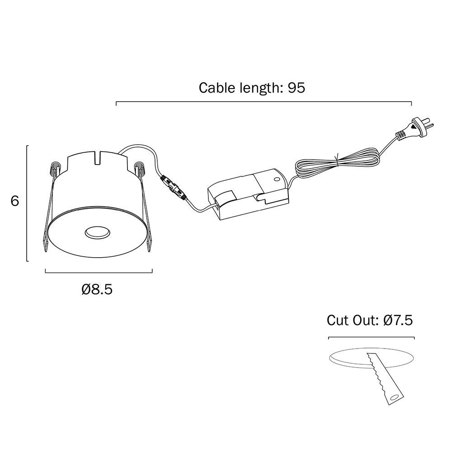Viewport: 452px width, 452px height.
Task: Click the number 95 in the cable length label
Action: [x=297, y=88]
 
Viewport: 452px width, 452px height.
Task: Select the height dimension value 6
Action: [x=15, y=201]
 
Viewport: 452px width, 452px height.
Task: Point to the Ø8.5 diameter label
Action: [x=97, y=289]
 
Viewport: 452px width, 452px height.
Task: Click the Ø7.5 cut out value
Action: [x=398, y=320]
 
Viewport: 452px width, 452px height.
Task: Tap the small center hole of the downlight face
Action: [x=97, y=232]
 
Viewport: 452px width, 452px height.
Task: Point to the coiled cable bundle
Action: [x=338, y=162]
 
